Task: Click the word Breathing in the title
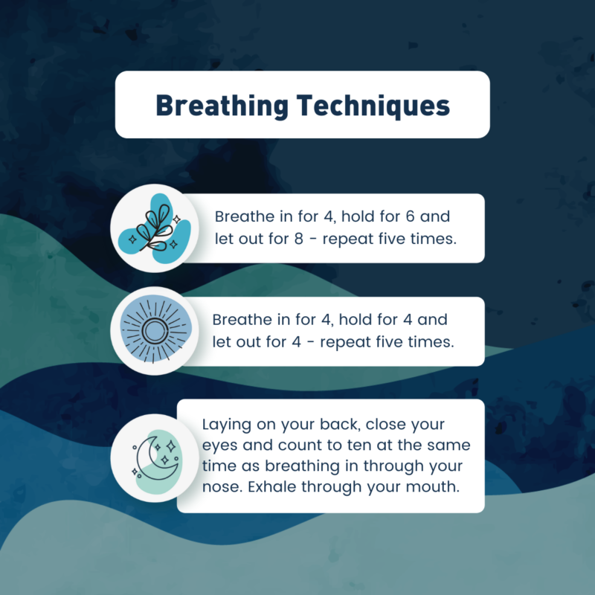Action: pos(222,106)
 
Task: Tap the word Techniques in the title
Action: pos(373,106)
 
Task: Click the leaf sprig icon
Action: pos(155,228)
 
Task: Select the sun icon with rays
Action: pos(155,331)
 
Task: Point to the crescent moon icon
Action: pos(155,458)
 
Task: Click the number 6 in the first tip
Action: pos(411,216)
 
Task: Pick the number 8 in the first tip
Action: pos(299,239)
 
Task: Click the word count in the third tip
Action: pos(303,446)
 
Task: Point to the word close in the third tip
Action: pos(383,424)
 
